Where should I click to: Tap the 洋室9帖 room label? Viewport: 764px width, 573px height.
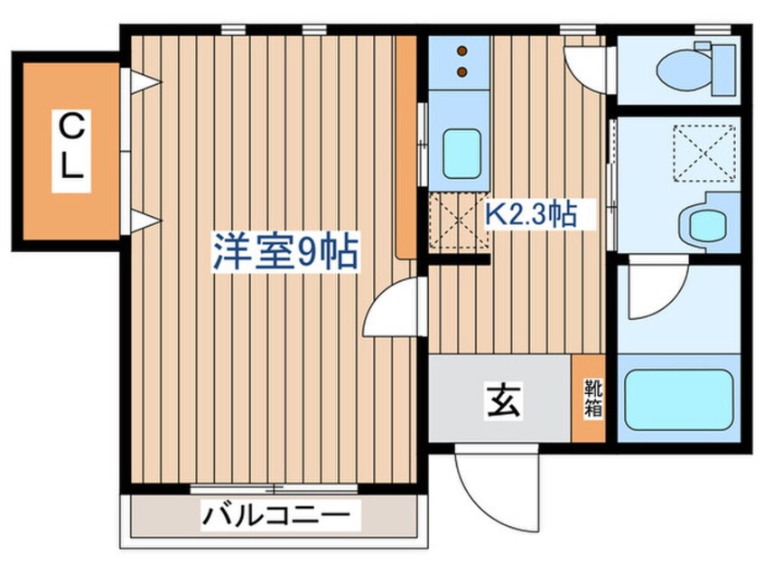[285, 252]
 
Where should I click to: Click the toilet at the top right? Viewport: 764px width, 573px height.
[691, 70]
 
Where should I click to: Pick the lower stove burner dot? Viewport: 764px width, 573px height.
[462, 70]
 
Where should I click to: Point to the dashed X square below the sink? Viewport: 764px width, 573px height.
[457, 222]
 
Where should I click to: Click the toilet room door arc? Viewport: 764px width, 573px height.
[586, 65]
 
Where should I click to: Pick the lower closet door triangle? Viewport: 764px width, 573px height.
[144, 220]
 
